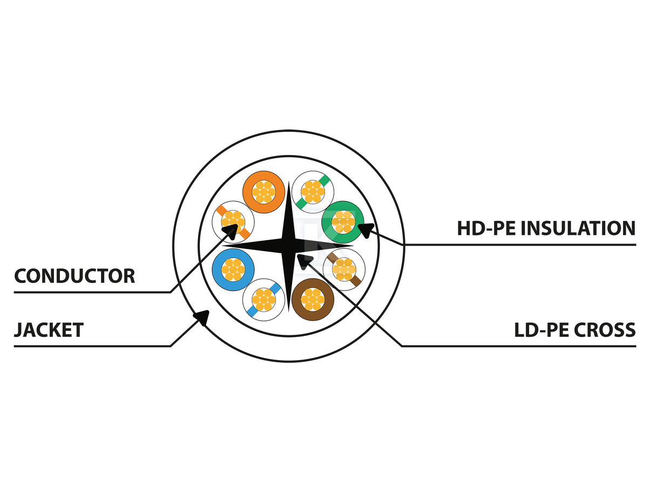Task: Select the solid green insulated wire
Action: click(342, 221)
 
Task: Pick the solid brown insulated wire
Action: click(312, 299)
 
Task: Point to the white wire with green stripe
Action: click(313, 191)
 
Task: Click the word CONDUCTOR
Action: click(75, 276)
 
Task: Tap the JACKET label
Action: click(49, 329)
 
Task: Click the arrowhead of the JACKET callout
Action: click(202, 317)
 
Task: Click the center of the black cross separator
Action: click(289, 246)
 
